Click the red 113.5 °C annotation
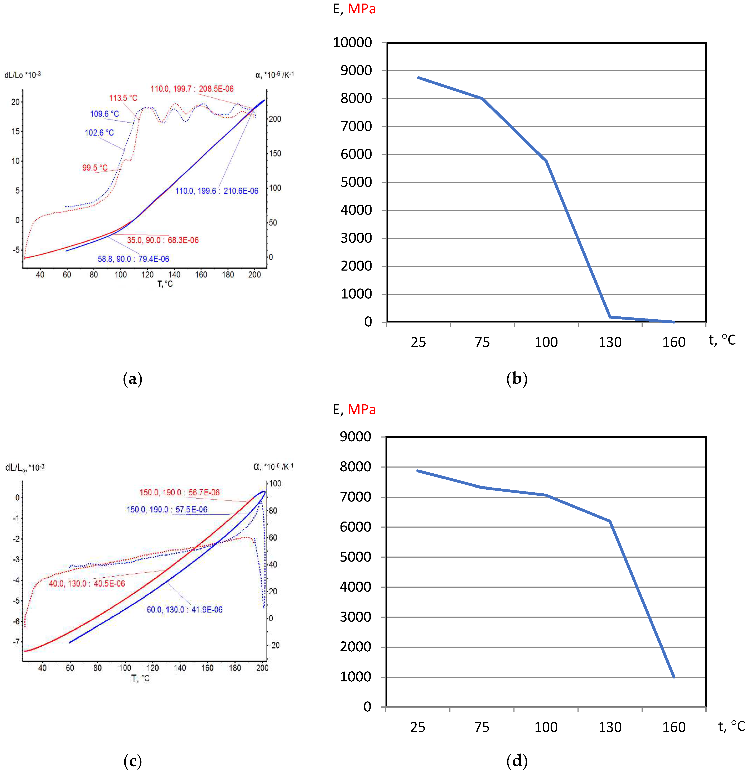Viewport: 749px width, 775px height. [x=123, y=98]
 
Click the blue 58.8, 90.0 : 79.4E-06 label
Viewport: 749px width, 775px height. [x=133, y=259]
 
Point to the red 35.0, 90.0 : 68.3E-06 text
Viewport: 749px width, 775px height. [x=163, y=240]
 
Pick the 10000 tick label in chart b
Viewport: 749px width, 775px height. [x=352, y=42]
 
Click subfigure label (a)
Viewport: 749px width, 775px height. [x=132, y=379]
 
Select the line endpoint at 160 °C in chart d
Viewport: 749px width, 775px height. [x=674, y=677]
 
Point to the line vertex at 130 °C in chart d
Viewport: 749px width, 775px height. [x=610, y=521]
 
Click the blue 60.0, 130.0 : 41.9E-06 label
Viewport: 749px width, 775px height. [x=184, y=610]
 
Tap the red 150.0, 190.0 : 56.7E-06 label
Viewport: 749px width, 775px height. [x=179, y=492]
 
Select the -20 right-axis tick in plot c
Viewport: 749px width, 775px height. [x=274, y=645]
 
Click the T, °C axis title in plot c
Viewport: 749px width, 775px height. [x=140, y=678]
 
